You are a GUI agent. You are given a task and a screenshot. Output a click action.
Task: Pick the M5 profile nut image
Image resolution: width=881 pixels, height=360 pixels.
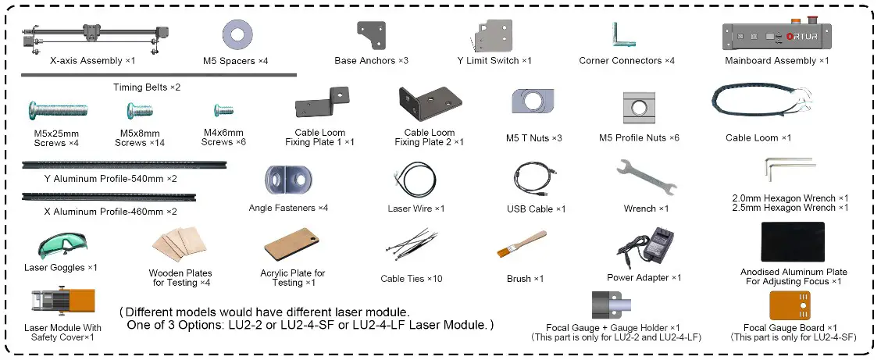point(638,107)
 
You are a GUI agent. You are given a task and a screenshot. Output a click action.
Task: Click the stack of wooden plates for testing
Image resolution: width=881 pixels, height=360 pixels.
point(180,247)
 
